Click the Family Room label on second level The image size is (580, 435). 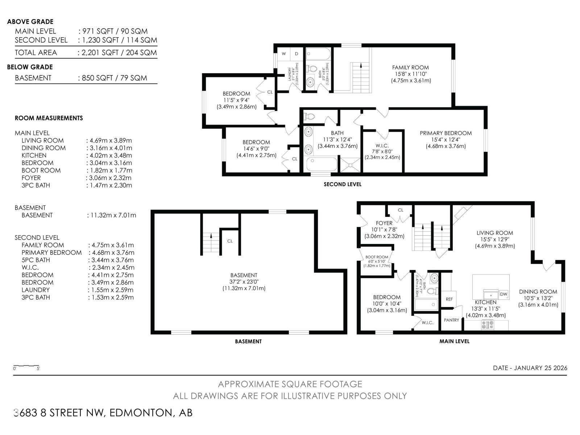click(410, 67)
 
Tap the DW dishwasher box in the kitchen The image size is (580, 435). click(504, 294)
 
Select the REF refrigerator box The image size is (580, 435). click(449, 299)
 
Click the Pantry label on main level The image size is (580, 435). click(451, 320)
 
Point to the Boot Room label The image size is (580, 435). click(377, 257)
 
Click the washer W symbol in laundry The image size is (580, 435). click(284, 54)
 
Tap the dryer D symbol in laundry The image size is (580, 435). click(297, 54)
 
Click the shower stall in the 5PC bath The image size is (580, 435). click(351, 165)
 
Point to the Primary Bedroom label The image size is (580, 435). click(446, 133)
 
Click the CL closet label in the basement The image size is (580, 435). click(230, 241)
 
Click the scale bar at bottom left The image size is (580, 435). click(26, 366)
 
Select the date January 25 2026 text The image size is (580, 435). click(530, 368)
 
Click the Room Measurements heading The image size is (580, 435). click(49, 118)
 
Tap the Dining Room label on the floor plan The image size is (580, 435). click(538, 291)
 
